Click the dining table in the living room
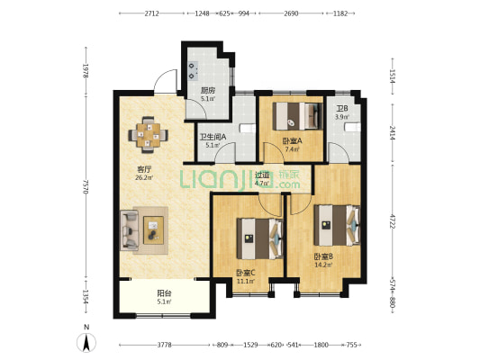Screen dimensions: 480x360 pos(149,135)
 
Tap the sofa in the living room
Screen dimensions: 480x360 pos(130,230)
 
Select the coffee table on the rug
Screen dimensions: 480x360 pos(154,230)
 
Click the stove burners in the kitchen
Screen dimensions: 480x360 pos(193,71)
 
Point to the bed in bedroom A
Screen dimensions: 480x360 pos(298,116)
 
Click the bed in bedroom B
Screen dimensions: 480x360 pos(337,225)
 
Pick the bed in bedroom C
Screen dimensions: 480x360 pos(260,238)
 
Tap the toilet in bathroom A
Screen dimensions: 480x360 pos(248,129)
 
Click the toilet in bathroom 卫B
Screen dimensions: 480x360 pos(353,127)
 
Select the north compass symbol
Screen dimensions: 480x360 pos(86,342)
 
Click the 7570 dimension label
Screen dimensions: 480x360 pos(86,187)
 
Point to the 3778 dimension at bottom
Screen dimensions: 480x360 pos(165,345)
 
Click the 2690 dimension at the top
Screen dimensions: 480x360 pos(291,13)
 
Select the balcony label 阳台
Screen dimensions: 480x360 pos(165,293)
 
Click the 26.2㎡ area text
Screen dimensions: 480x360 pos(144,177)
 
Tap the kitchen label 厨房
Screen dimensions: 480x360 pos(208,91)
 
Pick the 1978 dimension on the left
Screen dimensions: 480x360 pos(86,71)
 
